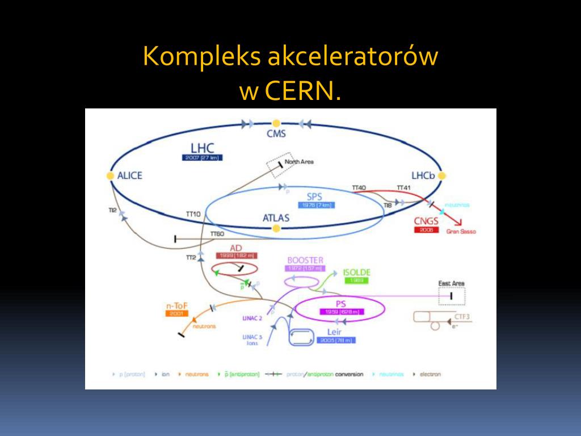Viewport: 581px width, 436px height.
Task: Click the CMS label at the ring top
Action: [276, 135]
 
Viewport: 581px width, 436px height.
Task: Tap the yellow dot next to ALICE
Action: [110, 176]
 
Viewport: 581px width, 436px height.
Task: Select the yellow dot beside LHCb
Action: [442, 176]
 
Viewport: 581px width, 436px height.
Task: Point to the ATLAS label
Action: [276, 218]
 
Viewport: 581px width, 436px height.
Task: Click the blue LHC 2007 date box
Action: [202, 158]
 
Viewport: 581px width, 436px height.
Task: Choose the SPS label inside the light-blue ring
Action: [314, 196]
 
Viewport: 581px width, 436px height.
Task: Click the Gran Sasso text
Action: [461, 232]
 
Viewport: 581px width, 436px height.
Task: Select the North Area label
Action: [299, 162]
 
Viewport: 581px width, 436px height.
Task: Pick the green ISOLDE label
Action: [356, 272]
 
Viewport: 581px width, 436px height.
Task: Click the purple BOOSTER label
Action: [305, 260]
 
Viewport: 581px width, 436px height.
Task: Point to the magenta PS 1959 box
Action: [340, 312]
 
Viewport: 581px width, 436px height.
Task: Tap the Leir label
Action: [334, 332]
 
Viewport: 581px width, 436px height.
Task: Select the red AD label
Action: [236, 248]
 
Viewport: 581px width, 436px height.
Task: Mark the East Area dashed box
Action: [452, 296]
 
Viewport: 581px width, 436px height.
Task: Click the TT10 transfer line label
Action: [193, 214]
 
